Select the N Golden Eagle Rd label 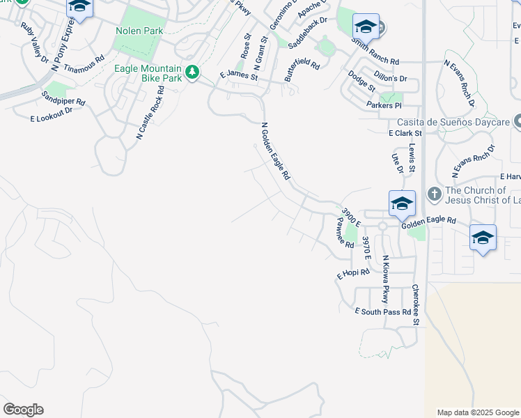275,152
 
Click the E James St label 238,75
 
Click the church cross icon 433,193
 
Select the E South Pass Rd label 382,311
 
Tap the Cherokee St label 416,304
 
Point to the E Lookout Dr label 52,115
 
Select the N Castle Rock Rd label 150,113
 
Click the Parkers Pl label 384,105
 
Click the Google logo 23,410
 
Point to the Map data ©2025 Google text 478,412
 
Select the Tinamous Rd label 84,64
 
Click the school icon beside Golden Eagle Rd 402,204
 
